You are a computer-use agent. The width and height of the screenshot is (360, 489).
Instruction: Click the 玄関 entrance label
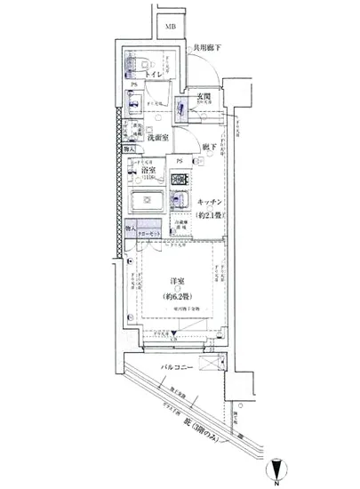point(204,96)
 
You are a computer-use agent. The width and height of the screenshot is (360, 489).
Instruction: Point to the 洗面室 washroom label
point(159,138)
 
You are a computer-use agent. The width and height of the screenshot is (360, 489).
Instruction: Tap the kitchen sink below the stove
point(180,202)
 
